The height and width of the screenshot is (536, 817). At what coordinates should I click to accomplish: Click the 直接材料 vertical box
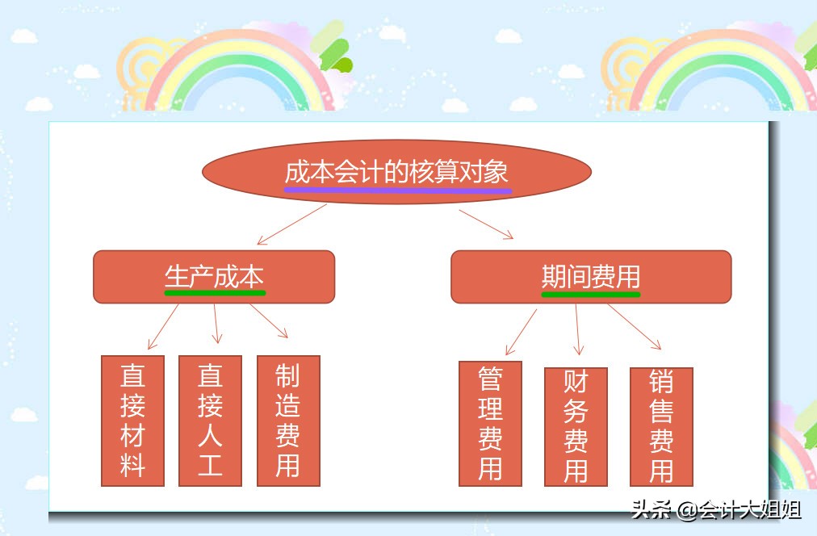point(132,421)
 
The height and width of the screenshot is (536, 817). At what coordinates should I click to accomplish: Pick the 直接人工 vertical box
point(210,421)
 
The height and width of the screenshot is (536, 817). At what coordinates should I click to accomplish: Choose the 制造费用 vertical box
point(288,421)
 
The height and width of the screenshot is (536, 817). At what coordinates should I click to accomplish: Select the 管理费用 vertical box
point(490,424)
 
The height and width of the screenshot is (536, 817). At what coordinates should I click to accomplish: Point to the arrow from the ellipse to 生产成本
point(291,224)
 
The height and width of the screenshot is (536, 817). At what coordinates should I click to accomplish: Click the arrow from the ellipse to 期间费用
point(486,224)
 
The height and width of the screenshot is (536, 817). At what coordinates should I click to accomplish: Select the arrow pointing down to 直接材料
point(164,326)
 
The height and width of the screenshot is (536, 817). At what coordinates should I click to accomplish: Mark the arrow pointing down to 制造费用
point(269,320)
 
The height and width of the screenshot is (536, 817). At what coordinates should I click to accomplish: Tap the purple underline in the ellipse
point(397,191)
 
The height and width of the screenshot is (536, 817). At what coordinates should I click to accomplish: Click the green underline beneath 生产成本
point(215,293)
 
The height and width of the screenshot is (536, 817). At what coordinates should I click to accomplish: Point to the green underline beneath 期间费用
point(590,295)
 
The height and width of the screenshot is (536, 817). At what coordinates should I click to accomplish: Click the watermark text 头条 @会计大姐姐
point(715,510)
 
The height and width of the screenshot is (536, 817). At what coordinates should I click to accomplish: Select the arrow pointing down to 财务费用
point(577,329)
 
